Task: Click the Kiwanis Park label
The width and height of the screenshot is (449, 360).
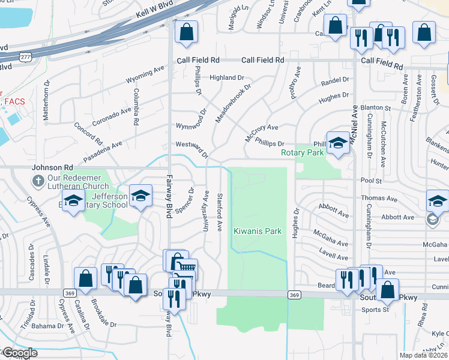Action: (258, 231)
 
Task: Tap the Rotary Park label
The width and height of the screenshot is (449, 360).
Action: (303, 152)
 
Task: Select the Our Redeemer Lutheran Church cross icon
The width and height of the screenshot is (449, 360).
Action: (37, 179)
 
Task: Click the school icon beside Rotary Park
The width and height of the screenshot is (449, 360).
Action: (338, 143)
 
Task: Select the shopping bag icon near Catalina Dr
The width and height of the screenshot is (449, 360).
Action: (86, 278)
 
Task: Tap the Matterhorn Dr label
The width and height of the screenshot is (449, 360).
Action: (46, 105)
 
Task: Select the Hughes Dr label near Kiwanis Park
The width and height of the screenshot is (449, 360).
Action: (295, 223)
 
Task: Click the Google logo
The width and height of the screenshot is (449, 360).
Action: (20, 353)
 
